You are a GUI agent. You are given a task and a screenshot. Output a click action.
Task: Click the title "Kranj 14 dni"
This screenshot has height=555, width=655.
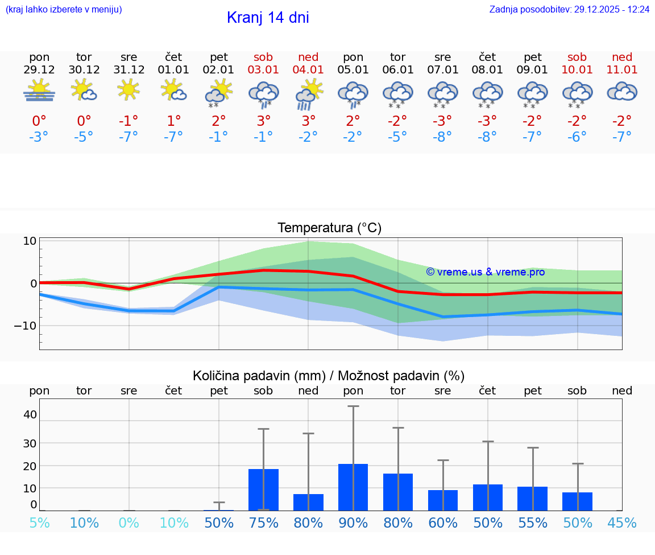[x=268, y=18]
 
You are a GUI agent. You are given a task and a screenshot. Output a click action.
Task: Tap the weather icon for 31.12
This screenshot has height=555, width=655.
[x=129, y=89]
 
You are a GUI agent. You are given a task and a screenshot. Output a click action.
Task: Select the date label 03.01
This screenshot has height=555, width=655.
[x=263, y=70]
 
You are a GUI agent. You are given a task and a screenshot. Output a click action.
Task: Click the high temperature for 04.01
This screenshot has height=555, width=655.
[x=308, y=121]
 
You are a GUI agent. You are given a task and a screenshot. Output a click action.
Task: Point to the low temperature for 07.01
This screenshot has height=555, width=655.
[x=442, y=137]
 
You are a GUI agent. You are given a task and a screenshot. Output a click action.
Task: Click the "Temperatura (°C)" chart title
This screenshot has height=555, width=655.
[x=329, y=228]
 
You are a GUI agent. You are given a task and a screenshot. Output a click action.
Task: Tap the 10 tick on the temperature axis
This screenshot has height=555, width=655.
[x=30, y=241]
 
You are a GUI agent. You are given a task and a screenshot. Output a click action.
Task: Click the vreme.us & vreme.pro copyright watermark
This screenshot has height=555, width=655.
[x=486, y=272]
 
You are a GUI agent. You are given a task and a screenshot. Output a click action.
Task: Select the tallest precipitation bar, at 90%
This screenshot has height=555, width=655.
[x=353, y=487]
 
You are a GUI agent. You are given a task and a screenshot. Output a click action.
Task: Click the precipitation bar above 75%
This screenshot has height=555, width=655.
[x=263, y=490]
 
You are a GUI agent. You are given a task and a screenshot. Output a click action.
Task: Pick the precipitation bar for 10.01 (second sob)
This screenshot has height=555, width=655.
[x=577, y=501]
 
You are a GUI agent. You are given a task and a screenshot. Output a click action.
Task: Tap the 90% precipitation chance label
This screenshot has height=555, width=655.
[x=353, y=523]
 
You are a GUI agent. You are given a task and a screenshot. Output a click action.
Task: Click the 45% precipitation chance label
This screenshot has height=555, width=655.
[x=622, y=523]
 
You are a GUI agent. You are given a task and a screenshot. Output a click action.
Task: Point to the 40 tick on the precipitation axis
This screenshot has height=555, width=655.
[x=30, y=414]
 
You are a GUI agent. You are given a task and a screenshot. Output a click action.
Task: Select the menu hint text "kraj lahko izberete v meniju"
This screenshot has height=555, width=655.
[x=64, y=10]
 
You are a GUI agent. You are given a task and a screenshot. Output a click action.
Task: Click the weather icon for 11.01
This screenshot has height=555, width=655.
[x=622, y=91]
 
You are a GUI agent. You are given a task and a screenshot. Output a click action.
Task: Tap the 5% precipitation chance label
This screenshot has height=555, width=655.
[x=39, y=523]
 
